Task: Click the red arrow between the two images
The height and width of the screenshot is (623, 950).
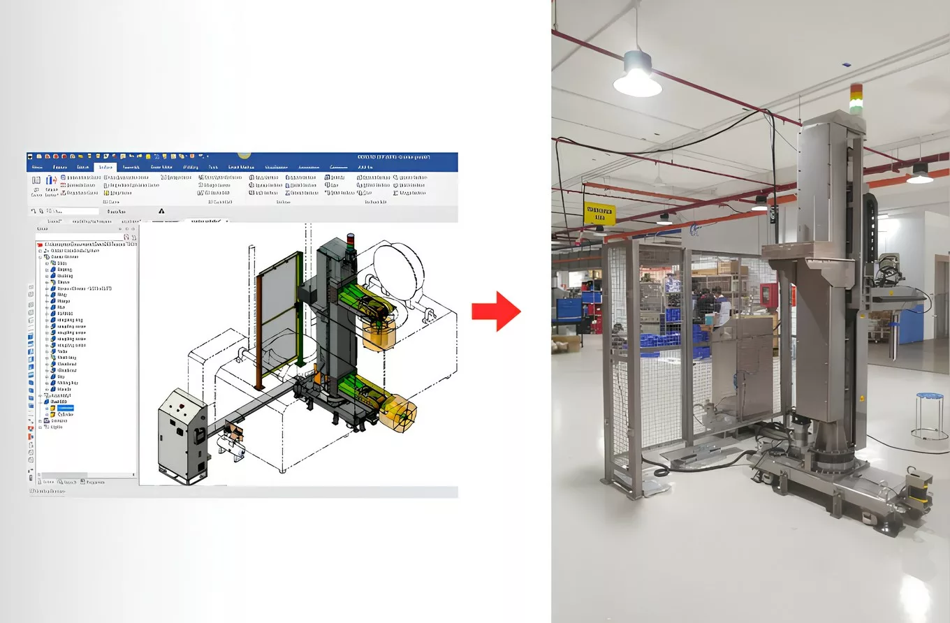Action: click(497, 311)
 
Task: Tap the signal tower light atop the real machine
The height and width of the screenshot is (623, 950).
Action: click(856, 98)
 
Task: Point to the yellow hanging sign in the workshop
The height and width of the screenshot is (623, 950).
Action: click(599, 213)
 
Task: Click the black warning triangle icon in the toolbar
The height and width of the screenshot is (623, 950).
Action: click(161, 210)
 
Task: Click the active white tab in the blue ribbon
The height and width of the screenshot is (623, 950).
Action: click(105, 168)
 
